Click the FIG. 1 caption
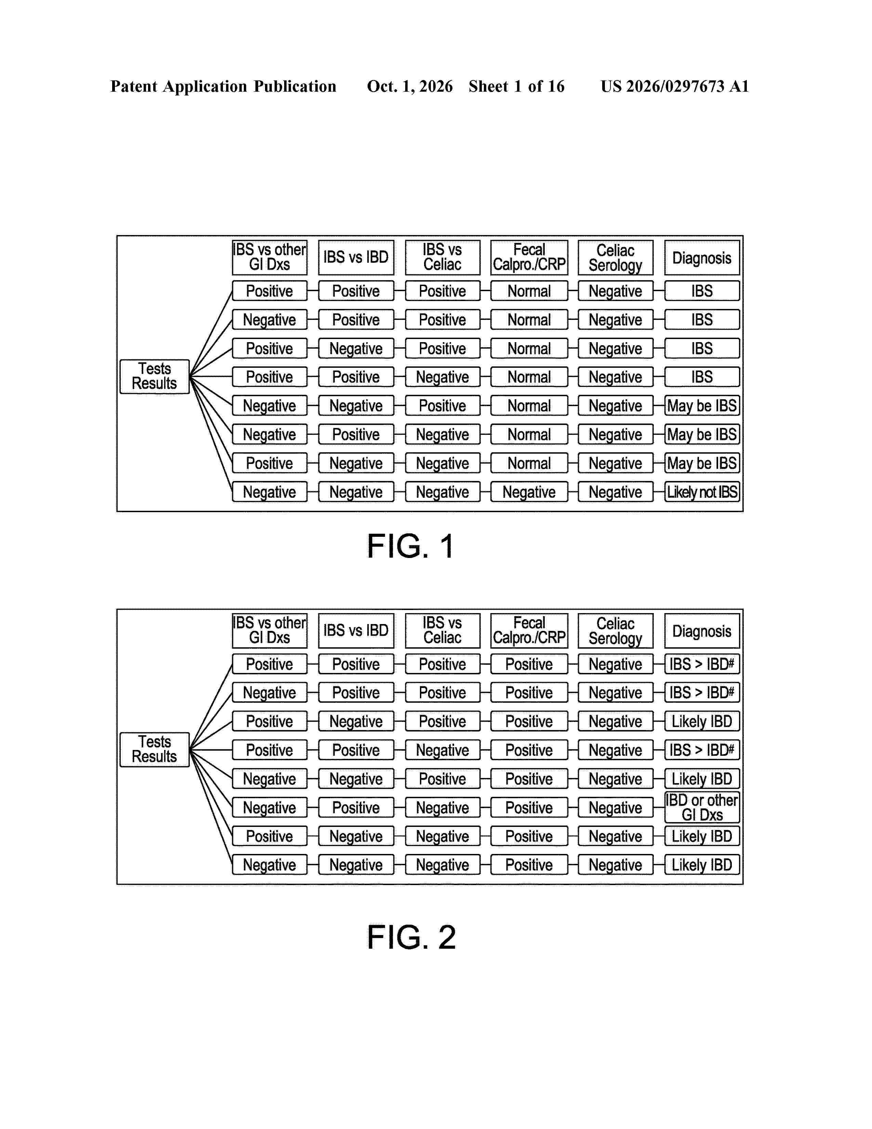pos(411,546)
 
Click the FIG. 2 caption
pos(412,937)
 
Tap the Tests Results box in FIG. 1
pos(155,376)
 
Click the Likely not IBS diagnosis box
pos(702,492)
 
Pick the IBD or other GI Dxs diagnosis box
pos(702,807)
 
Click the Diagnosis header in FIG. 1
pos(702,257)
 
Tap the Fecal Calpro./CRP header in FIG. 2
pos(529,631)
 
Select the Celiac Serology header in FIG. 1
pos(615,257)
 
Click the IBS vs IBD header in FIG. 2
pos(356,631)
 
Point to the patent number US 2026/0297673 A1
pos(675,86)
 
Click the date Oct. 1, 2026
pos(410,86)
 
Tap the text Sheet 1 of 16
pos(517,86)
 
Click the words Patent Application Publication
pos(223,86)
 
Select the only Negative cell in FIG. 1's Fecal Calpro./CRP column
pos(529,492)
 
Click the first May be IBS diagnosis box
pos(702,406)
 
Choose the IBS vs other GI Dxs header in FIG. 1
pos(270,257)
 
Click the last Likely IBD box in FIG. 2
pos(702,865)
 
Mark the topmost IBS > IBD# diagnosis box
pos(702,664)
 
